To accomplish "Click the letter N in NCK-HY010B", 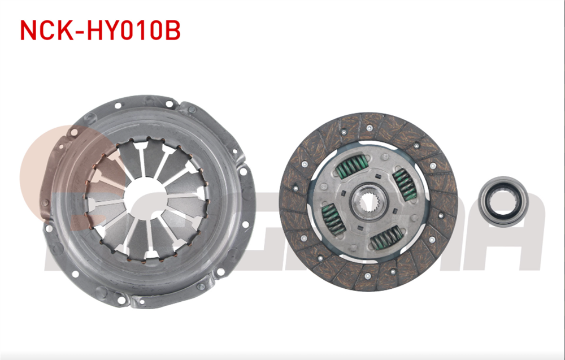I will [28, 31].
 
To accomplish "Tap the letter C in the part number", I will [47, 31].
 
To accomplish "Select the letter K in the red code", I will [65, 31].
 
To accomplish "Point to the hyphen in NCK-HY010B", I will [81, 32].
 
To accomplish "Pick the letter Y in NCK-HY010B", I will [114, 31].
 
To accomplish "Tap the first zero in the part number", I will [131, 31].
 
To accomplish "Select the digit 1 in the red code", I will [146, 31].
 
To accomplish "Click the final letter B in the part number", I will [171, 31].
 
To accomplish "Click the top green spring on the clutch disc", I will [349, 168].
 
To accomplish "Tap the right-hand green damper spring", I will [405, 184].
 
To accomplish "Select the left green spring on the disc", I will [332, 218].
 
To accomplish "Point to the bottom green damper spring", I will [387, 237].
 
